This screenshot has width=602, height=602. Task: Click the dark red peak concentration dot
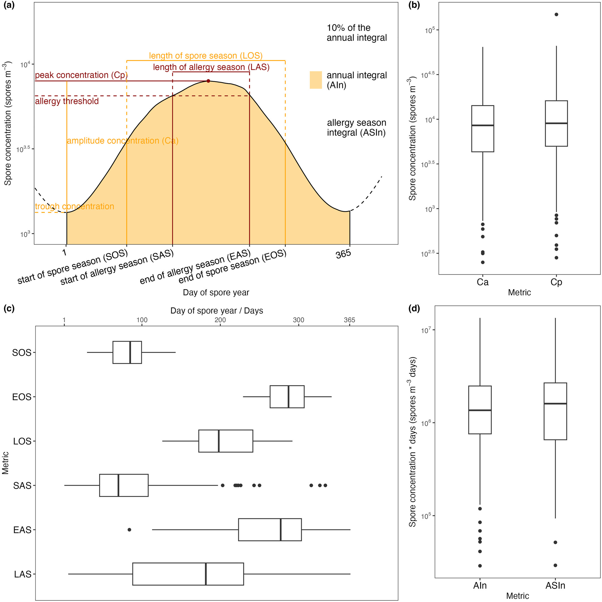click(x=208, y=81)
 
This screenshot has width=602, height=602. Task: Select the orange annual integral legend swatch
click(x=316, y=80)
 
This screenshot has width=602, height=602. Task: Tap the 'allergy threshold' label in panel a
click(x=67, y=101)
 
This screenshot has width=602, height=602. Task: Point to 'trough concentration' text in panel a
click(x=74, y=206)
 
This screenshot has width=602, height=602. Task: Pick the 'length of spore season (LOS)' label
click(x=206, y=56)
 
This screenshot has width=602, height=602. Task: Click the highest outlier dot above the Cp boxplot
click(x=556, y=14)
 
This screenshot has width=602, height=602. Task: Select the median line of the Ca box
click(x=483, y=125)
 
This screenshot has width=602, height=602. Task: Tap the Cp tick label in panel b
click(x=556, y=282)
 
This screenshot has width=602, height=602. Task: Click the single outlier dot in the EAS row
click(x=129, y=530)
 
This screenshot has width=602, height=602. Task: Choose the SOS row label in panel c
click(x=22, y=353)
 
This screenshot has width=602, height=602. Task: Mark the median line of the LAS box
click(x=206, y=574)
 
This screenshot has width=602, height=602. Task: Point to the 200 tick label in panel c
click(x=220, y=320)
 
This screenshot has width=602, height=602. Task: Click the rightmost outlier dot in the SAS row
click(x=325, y=485)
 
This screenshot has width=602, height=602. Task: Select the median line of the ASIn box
click(x=555, y=403)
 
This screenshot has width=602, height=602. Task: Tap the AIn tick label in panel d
click(x=480, y=586)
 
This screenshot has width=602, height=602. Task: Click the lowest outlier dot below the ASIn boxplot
click(x=555, y=565)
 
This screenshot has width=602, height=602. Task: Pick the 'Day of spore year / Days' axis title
click(x=217, y=311)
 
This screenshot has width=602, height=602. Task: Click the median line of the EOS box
click(x=289, y=397)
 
